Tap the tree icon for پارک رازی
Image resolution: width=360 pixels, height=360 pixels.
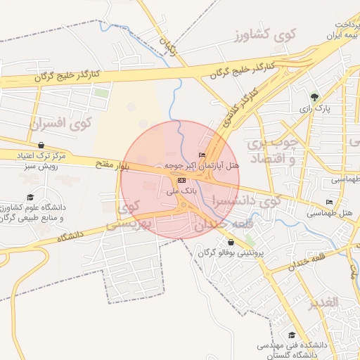(x=314, y=97)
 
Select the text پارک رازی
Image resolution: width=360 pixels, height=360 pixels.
(x=314, y=109)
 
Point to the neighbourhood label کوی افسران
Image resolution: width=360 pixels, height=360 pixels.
(x=61, y=123)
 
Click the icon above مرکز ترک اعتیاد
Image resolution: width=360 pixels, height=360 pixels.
(x=41, y=145)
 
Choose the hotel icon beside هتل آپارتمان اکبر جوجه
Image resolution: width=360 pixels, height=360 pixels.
(x=202, y=155)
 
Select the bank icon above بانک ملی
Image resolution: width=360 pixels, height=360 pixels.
(x=182, y=181)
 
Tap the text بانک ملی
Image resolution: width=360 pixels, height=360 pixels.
(x=182, y=191)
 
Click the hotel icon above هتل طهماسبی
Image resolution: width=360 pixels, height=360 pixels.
(x=328, y=202)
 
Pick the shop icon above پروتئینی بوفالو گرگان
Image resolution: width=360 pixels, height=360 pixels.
(x=231, y=243)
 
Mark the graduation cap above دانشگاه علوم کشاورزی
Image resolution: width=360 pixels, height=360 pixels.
(x=30, y=198)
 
